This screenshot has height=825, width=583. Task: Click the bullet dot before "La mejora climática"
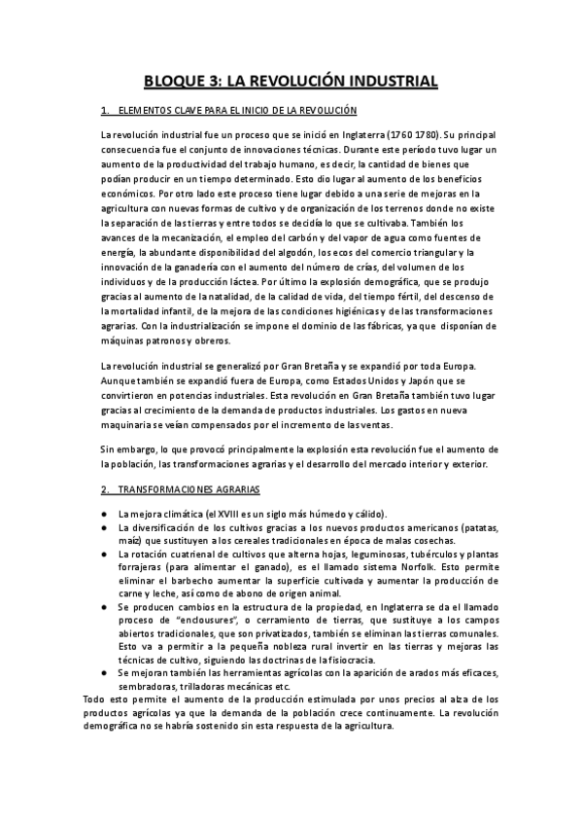pos(104,514)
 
